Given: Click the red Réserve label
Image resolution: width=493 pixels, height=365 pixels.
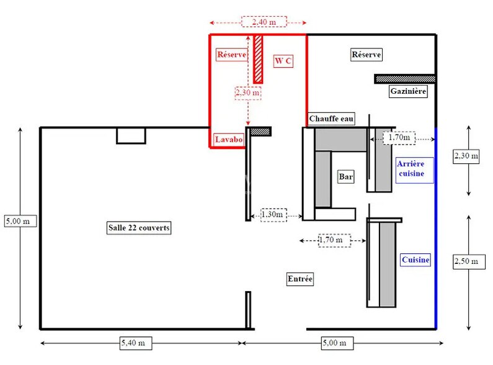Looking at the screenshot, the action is pyautogui.click(x=232, y=55).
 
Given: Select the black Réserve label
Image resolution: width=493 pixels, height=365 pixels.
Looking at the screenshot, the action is pyautogui.click(x=366, y=55).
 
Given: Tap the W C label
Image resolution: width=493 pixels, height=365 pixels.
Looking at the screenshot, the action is pyautogui.click(x=283, y=61).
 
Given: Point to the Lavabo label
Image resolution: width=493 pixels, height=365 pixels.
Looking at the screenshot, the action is pyautogui.click(x=229, y=139).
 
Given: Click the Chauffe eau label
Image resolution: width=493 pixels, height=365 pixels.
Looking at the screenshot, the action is pyautogui.click(x=331, y=119).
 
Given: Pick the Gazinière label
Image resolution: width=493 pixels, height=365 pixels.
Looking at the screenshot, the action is pyautogui.click(x=408, y=91).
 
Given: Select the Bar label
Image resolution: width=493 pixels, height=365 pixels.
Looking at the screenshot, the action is pyautogui.click(x=345, y=176).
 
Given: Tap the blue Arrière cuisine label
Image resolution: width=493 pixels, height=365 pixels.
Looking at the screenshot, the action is pyautogui.click(x=411, y=169).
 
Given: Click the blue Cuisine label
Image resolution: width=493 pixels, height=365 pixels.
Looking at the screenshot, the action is pyautogui.click(x=415, y=260).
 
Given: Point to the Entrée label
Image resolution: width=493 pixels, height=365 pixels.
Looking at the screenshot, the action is pyautogui.click(x=300, y=279).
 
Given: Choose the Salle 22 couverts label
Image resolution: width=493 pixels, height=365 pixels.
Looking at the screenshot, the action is pyautogui.click(x=139, y=227).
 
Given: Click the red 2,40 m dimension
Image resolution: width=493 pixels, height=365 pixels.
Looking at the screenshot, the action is pyautogui.click(x=264, y=22).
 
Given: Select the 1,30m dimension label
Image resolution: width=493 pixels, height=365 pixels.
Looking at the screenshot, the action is pyautogui.click(x=273, y=215).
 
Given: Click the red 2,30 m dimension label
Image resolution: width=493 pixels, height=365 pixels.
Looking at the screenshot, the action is pyautogui.click(x=248, y=92).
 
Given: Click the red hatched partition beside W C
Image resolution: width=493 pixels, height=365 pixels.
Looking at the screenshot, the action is pyautogui.click(x=258, y=59).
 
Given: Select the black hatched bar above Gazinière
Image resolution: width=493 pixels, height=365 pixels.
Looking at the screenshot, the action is pyautogui.click(x=405, y=79).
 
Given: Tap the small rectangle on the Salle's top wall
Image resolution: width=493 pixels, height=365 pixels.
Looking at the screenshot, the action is pyautogui.click(x=131, y=136).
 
